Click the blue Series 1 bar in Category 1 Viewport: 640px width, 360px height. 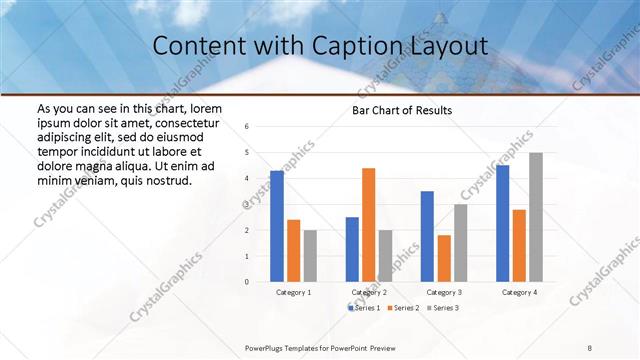[x=277, y=226]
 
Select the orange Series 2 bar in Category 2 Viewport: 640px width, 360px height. [x=368, y=225]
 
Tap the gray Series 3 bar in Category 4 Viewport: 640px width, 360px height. [x=536, y=217]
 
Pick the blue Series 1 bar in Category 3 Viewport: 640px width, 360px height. [x=427, y=236]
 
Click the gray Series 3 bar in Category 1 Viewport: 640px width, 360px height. [x=310, y=256]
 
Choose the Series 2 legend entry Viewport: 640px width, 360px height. [x=402, y=307]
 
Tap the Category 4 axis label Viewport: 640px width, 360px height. [x=519, y=292]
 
